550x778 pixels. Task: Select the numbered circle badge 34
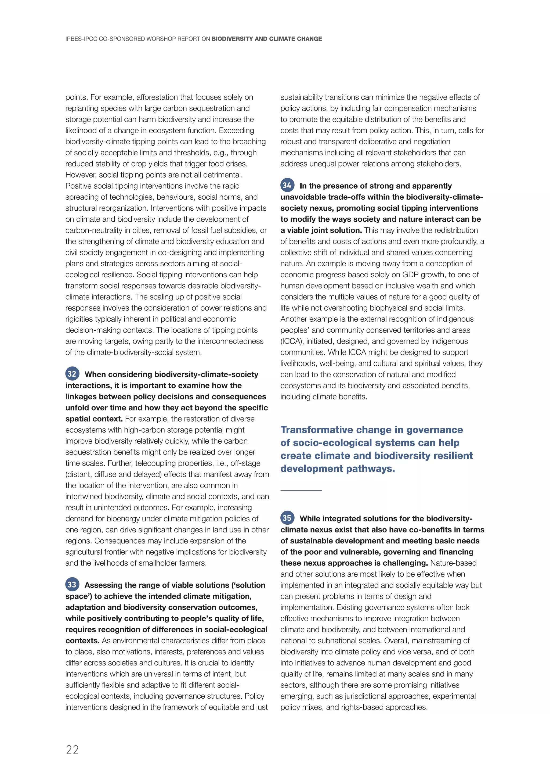(x=287, y=185)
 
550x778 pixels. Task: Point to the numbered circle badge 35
(x=287, y=518)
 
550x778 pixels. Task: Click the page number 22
(x=72, y=750)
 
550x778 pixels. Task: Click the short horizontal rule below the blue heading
(x=301, y=490)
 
